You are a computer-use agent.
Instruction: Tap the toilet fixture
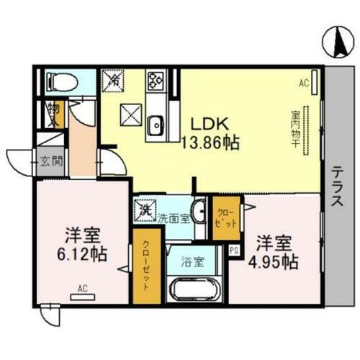point(58,81)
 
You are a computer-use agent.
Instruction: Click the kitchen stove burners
point(156,80)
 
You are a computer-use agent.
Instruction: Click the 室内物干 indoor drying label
point(296,129)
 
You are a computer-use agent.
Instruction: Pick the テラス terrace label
point(337,186)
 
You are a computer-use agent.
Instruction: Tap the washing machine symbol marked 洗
point(144,211)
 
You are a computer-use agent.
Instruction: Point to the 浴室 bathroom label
point(192,261)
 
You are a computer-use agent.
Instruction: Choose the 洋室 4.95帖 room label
point(274,252)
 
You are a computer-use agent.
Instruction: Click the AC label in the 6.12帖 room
point(82,289)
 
